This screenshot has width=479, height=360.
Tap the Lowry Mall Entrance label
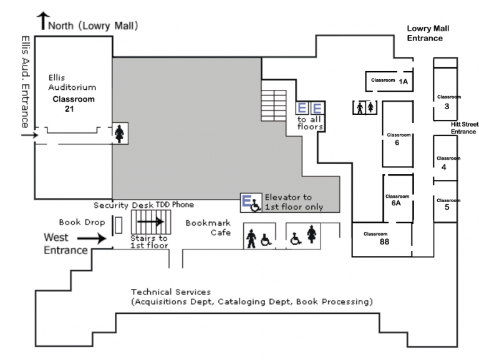coord(428,33)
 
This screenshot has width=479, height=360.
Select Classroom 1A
coord(389,81)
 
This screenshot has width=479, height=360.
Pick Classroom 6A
coord(397,199)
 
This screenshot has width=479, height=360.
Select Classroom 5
coord(447,203)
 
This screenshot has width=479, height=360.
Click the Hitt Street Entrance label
coord(463,128)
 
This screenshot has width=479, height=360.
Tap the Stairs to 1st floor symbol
coord(149,221)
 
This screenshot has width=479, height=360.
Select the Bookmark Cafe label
coord(208,227)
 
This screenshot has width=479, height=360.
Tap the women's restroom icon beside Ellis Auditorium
coord(119,133)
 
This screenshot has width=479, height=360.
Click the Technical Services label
coord(171,292)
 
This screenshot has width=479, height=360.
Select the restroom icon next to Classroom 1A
coord(365,107)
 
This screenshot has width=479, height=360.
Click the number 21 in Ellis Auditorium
coord(69,109)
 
